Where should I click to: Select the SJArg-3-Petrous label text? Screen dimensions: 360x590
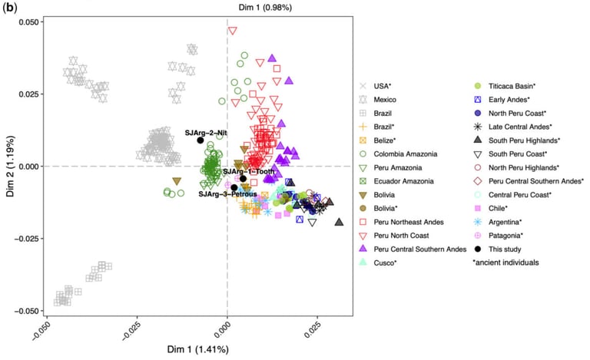[x=227, y=194]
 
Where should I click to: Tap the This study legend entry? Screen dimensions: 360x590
[x=508, y=249]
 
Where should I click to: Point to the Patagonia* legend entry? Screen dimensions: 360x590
[x=510, y=235]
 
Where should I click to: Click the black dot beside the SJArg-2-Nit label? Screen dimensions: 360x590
[x=201, y=140]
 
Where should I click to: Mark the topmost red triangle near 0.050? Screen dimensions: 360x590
[x=232, y=31]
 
